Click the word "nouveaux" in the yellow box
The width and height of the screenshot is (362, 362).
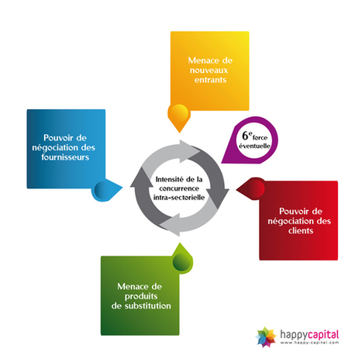coord(209,71)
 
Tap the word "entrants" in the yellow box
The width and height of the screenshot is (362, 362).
coord(210,80)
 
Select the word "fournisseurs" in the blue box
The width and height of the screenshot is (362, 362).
coord(65,157)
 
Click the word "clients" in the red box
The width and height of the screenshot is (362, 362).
coord(301,230)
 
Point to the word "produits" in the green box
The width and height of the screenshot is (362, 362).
coord(141,297)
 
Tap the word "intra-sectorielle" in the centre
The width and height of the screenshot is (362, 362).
coord(179,198)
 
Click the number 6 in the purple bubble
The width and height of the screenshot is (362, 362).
coord(245,136)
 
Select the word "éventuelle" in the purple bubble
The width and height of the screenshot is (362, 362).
coord(254,146)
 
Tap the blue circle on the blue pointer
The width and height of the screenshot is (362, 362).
coord(103,190)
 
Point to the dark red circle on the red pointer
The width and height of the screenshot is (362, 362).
coord(255,188)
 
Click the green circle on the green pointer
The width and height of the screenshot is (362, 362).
coord(182,262)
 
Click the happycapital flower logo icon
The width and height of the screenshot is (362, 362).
coord(266,336)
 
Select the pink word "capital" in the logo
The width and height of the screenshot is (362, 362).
coord(323,335)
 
